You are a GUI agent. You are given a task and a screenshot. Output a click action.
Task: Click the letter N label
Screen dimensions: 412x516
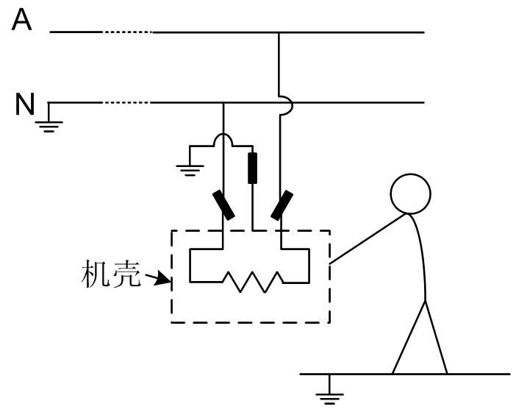pos(25,105)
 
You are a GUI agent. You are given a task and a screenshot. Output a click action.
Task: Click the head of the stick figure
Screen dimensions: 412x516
pos(409,193)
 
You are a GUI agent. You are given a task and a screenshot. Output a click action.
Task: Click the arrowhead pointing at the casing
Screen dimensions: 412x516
pos(161,280)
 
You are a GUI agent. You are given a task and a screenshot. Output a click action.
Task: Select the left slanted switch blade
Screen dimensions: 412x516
pos(224,205)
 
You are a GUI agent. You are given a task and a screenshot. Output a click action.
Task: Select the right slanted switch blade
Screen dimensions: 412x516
pos(282,205)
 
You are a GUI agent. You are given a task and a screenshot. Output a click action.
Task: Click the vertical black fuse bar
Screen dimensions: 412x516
pos(253,168)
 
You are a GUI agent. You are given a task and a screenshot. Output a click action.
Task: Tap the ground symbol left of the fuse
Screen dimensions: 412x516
pos(190,166)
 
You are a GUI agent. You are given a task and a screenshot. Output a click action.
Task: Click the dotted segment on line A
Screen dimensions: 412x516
pos(128,32)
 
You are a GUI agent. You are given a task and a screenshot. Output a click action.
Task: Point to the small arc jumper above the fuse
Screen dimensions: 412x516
pos(223,140)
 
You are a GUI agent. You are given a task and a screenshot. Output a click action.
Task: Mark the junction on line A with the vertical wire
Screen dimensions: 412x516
pos(279,32)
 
